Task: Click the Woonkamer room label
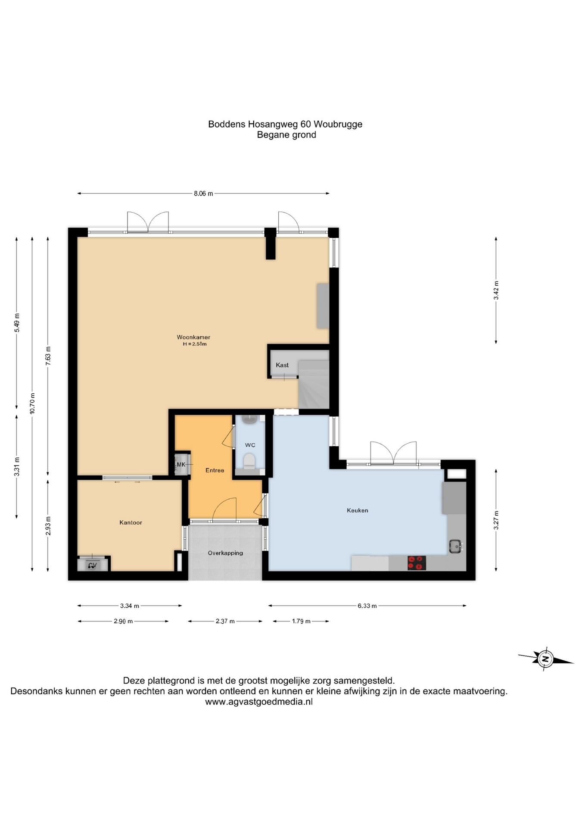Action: (193, 337)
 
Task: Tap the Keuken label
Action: (358, 510)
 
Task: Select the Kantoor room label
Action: (131, 522)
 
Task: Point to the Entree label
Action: (215, 470)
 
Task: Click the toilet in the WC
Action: (249, 461)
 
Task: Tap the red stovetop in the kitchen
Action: (417, 563)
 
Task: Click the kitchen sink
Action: (456, 546)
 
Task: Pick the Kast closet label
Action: (282, 365)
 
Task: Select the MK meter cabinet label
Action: (181, 464)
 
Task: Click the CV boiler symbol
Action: (92, 565)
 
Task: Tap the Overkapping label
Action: (225, 553)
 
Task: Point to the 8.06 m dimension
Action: (203, 193)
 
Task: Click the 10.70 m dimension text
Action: (32, 403)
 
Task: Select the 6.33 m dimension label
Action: (367, 606)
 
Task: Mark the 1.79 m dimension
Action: (301, 621)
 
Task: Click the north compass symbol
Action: (545, 659)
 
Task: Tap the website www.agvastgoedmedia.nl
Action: (259, 702)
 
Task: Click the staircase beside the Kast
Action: (314, 385)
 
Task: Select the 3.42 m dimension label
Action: (496, 290)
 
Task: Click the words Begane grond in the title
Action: (286, 135)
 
